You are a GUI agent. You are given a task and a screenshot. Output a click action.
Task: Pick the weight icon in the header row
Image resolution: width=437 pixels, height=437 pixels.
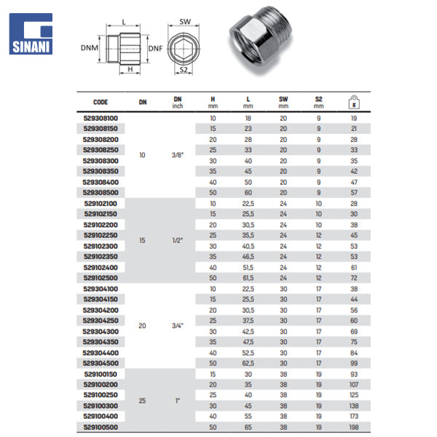click(353, 101)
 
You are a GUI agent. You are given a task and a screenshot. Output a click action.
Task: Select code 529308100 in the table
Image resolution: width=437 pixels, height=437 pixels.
click(101, 118)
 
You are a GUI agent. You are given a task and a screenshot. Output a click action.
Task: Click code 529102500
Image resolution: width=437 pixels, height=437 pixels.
click(101, 278)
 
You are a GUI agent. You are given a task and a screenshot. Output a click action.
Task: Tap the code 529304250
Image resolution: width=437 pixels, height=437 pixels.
click(101, 320)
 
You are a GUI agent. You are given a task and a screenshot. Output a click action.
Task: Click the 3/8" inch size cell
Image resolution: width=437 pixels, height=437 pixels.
click(177, 155)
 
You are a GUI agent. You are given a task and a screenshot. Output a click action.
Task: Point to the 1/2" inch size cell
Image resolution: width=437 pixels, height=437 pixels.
click(177, 239)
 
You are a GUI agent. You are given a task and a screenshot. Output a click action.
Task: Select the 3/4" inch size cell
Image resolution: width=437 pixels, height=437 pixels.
click(177, 326)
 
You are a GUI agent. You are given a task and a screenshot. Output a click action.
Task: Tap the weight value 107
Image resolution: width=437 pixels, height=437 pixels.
click(354, 384)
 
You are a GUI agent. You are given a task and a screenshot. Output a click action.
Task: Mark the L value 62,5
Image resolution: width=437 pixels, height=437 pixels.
click(248, 363)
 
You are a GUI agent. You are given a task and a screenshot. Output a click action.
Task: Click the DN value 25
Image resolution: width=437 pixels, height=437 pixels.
click(143, 400)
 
